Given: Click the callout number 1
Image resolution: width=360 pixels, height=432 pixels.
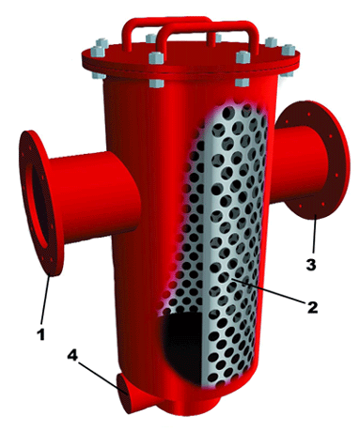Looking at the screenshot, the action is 41,334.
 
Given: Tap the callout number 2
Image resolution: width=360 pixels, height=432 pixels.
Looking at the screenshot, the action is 312,307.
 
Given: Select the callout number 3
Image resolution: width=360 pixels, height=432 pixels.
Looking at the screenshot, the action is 310,265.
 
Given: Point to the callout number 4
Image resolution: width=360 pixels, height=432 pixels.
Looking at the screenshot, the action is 72,355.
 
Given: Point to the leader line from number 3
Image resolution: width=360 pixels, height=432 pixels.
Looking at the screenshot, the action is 314,235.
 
